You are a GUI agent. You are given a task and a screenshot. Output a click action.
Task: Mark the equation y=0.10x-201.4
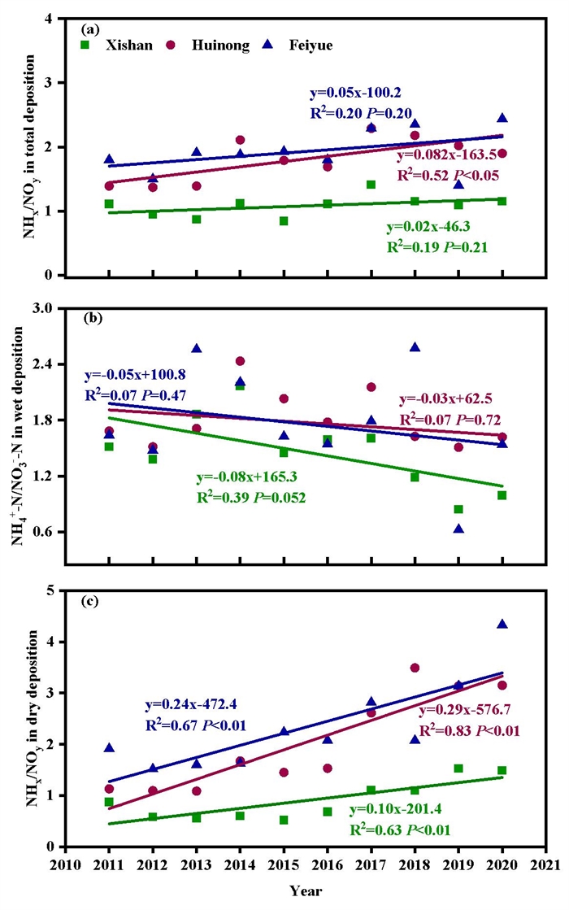click(399, 810)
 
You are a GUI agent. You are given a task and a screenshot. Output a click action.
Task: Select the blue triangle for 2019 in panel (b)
click(458, 529)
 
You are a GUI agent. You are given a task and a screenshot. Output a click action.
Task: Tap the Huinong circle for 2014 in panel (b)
click(241, 361)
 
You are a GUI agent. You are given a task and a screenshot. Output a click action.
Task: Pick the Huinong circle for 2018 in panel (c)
click(415, 668)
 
